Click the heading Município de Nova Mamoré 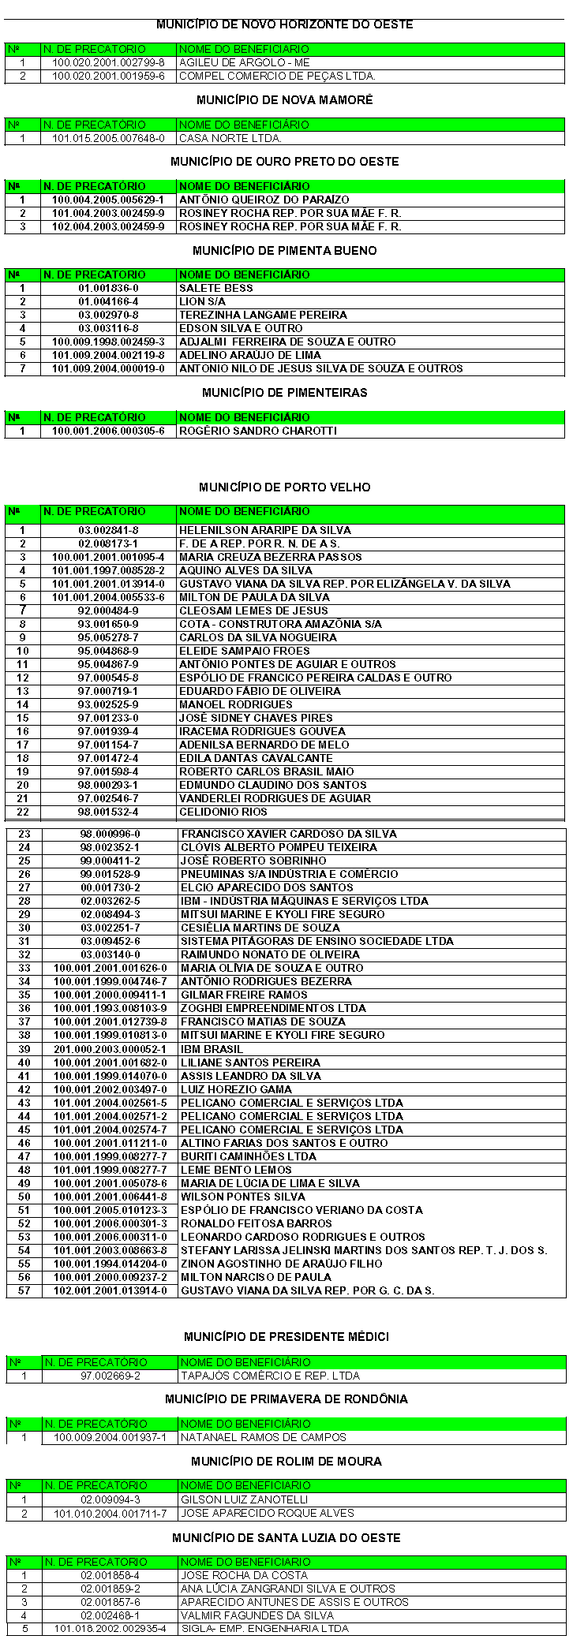point(284,100)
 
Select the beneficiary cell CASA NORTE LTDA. point(230,138)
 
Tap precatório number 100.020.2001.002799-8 point(108,62)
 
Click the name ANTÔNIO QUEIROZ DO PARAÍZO point(264,200)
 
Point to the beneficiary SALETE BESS point(215,288)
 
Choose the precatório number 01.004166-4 point(108,301)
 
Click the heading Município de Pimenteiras point(284,393)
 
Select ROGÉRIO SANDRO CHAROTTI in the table point(257,431)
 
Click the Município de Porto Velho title point(284,487)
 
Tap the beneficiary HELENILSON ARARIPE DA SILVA point(264,530)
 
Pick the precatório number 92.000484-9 point(108,611)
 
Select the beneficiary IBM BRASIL point(212,1049)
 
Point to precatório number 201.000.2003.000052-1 point(110,1049)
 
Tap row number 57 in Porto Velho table point(24,1290)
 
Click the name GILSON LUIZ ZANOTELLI point(244,1499)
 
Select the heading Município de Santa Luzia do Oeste point(286,1537)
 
